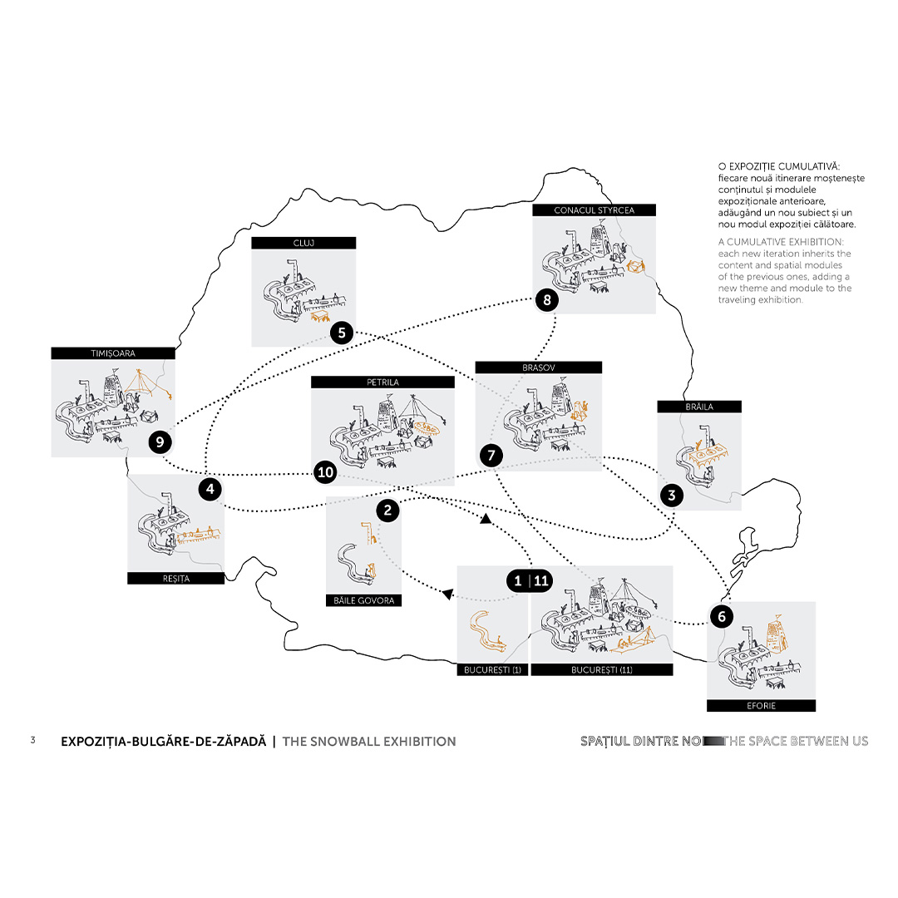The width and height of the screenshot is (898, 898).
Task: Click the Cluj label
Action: point(303,243)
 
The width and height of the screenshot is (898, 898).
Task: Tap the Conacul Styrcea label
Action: point(594,210)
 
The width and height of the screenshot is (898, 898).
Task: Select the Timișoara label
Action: point(113,353)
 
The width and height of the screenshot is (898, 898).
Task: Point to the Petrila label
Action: point(382,382)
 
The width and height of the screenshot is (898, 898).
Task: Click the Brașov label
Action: point(538,367)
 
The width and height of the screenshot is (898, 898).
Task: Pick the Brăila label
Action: point(699,407)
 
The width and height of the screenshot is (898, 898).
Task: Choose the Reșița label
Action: point(175,578)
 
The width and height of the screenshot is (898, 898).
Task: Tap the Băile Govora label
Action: point(363,599)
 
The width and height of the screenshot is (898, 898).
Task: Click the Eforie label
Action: point(761,706)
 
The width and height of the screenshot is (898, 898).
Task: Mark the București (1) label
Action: point(492,669)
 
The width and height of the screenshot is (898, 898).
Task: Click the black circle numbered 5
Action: point(342,333)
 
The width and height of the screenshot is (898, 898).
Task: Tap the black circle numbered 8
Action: point(546,300)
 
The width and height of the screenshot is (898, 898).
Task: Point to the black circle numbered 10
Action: point(325,472)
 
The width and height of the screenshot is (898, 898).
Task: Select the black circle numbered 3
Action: point(671,496)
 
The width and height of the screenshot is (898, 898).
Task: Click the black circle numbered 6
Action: point(721,616)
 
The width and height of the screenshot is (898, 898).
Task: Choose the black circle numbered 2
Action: point(387,510)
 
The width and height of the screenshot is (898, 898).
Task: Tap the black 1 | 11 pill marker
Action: point(530,581)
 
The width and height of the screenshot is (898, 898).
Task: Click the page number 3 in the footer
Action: point(32,740)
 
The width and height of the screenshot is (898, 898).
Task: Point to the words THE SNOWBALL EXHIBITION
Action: point(369,741)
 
